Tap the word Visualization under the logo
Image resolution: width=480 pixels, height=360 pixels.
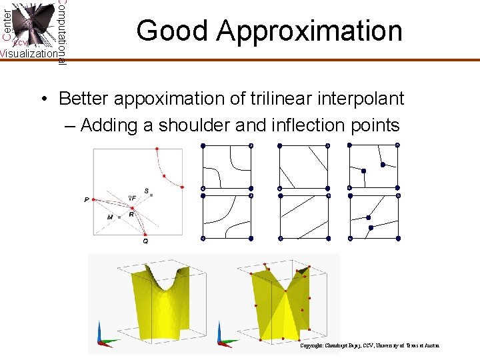[28, 53]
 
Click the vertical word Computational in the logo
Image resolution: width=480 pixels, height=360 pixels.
[62, 32]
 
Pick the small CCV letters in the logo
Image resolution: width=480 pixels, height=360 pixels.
[19, 43]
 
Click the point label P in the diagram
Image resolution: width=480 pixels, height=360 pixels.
[87, 199]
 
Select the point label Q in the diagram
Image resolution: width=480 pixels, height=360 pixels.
[145, 241]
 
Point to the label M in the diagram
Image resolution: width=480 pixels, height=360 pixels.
[109, 217]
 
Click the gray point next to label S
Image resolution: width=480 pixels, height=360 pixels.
[152, 195]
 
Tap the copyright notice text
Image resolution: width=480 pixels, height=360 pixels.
[369, 345]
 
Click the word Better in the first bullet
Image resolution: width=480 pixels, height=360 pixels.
[83, 99]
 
